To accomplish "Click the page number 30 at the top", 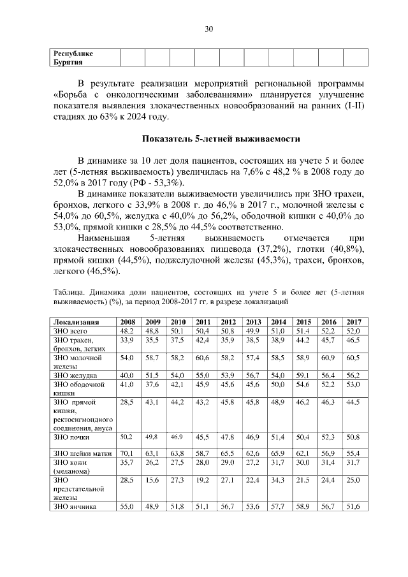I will (208, 29).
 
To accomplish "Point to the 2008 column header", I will (127, 321).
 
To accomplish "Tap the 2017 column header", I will (353, 321).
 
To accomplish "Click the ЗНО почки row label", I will (71, 437).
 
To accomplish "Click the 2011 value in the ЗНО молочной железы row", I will (203, 359).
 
